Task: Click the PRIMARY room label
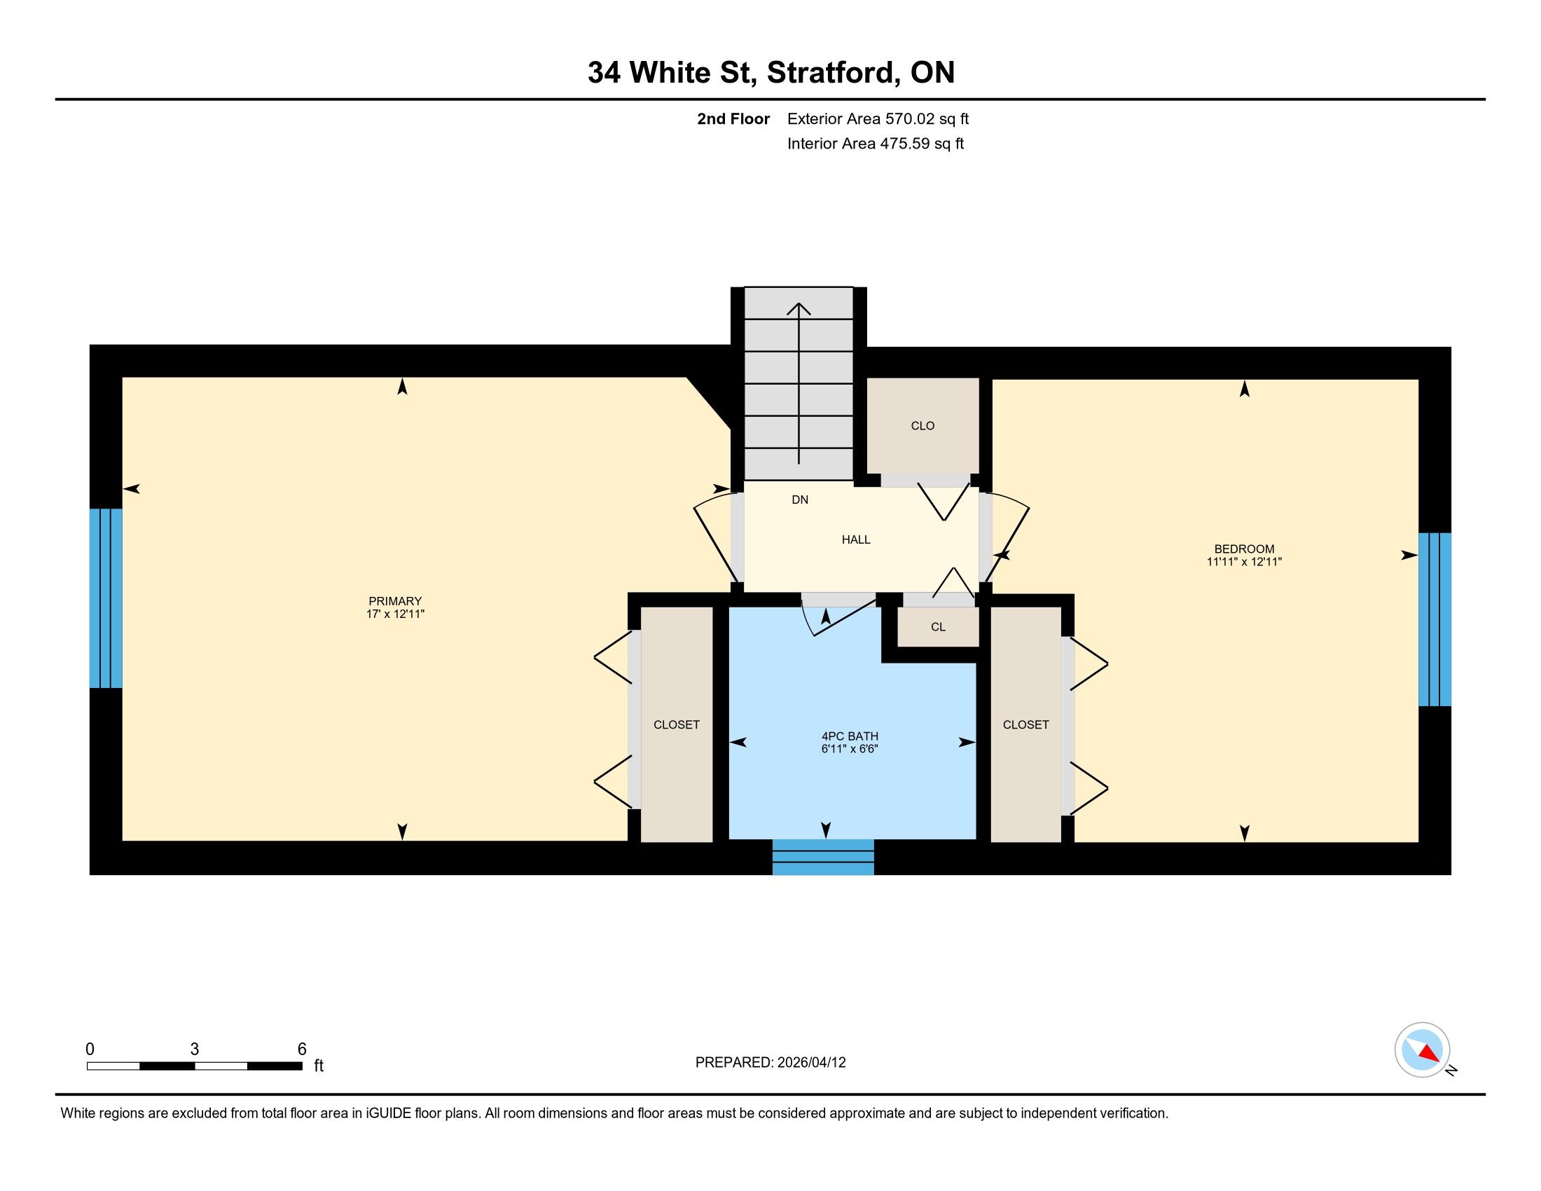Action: click(x=394, y=601)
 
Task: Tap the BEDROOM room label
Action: click(x=1244, y=549)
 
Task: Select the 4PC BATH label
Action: click(x=850, y=736)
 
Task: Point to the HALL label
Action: click(x=856, y=539)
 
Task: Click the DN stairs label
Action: click(x=799, y=500)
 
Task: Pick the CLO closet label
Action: click(x=922, y=425)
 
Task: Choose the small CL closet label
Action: click(x=938, y=626)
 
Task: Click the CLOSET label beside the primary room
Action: click(x=676, y=724)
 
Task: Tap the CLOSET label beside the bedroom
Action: click(x=1025, y=724)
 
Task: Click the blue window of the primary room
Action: click(x=106, y=598)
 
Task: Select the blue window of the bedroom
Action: click(x=1435, y=619)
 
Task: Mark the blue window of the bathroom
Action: click(x=823, y=858)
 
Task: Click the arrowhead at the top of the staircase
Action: click(x=799, y=308)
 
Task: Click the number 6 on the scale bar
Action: click(x=302, y=1049)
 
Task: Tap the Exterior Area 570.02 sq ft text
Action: click(x=878, y=118)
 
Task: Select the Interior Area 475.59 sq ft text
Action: click(x=875, y=144)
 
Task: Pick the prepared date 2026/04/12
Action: click(x=810, y=1063)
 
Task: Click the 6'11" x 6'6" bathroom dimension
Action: click(x=850, y=750)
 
